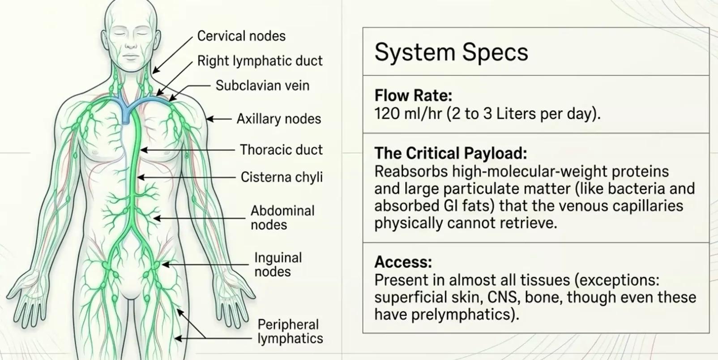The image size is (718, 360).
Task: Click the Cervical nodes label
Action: point(241,36)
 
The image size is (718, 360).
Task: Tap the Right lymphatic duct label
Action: point(260,61)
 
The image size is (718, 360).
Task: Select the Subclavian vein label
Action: point(262,86)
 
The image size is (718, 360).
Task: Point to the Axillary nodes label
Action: point(278,119)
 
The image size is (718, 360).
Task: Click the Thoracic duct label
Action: point(281,150)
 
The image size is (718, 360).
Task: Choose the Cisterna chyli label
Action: point(282,177)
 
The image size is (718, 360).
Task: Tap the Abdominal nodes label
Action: point(282,218)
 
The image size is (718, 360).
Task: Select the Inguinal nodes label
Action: point(278,265)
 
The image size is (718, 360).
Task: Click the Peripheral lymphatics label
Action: point(290,331)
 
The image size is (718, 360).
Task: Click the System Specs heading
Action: point(451,52)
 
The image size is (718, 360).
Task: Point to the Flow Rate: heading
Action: point(413,95)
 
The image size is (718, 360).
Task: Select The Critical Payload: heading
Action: point(451,153)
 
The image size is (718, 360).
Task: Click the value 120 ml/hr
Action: point(408,113)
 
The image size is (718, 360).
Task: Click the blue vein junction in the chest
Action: point(126,110)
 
